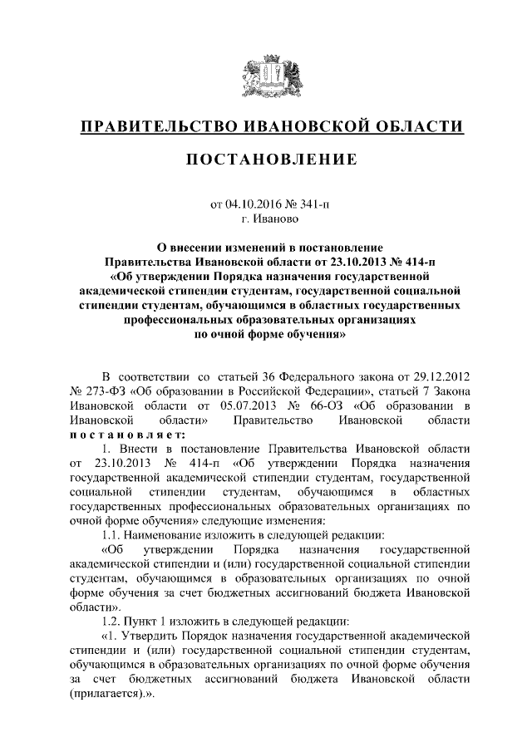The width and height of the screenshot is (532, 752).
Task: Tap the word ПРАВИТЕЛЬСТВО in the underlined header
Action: [157, 127]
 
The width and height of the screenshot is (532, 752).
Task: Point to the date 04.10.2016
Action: [253, 203]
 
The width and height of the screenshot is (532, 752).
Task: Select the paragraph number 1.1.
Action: [111, 535]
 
